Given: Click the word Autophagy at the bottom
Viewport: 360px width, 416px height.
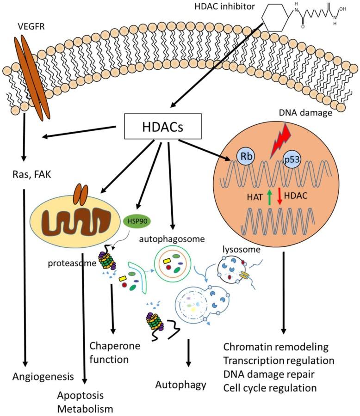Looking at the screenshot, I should tap(181, 384).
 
